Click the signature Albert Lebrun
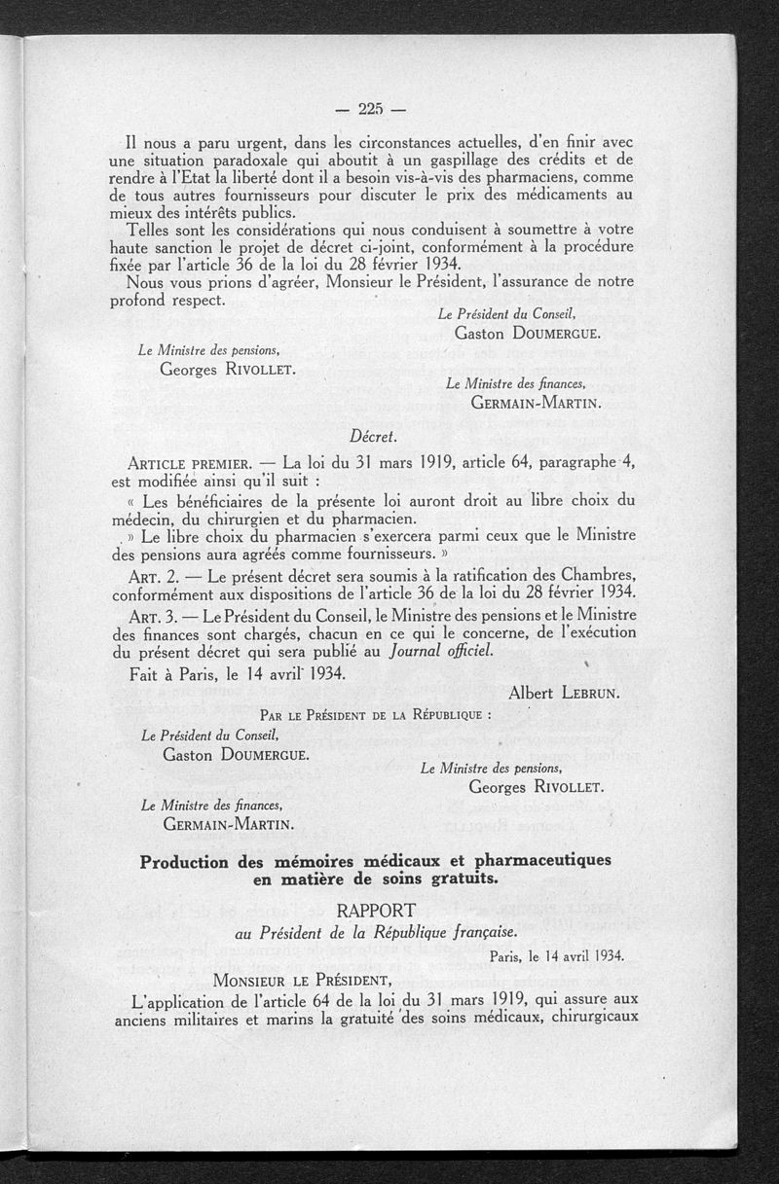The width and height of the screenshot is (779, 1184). click(x=565, y=692)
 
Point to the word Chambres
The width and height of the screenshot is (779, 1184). click(x=589, y=575)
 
